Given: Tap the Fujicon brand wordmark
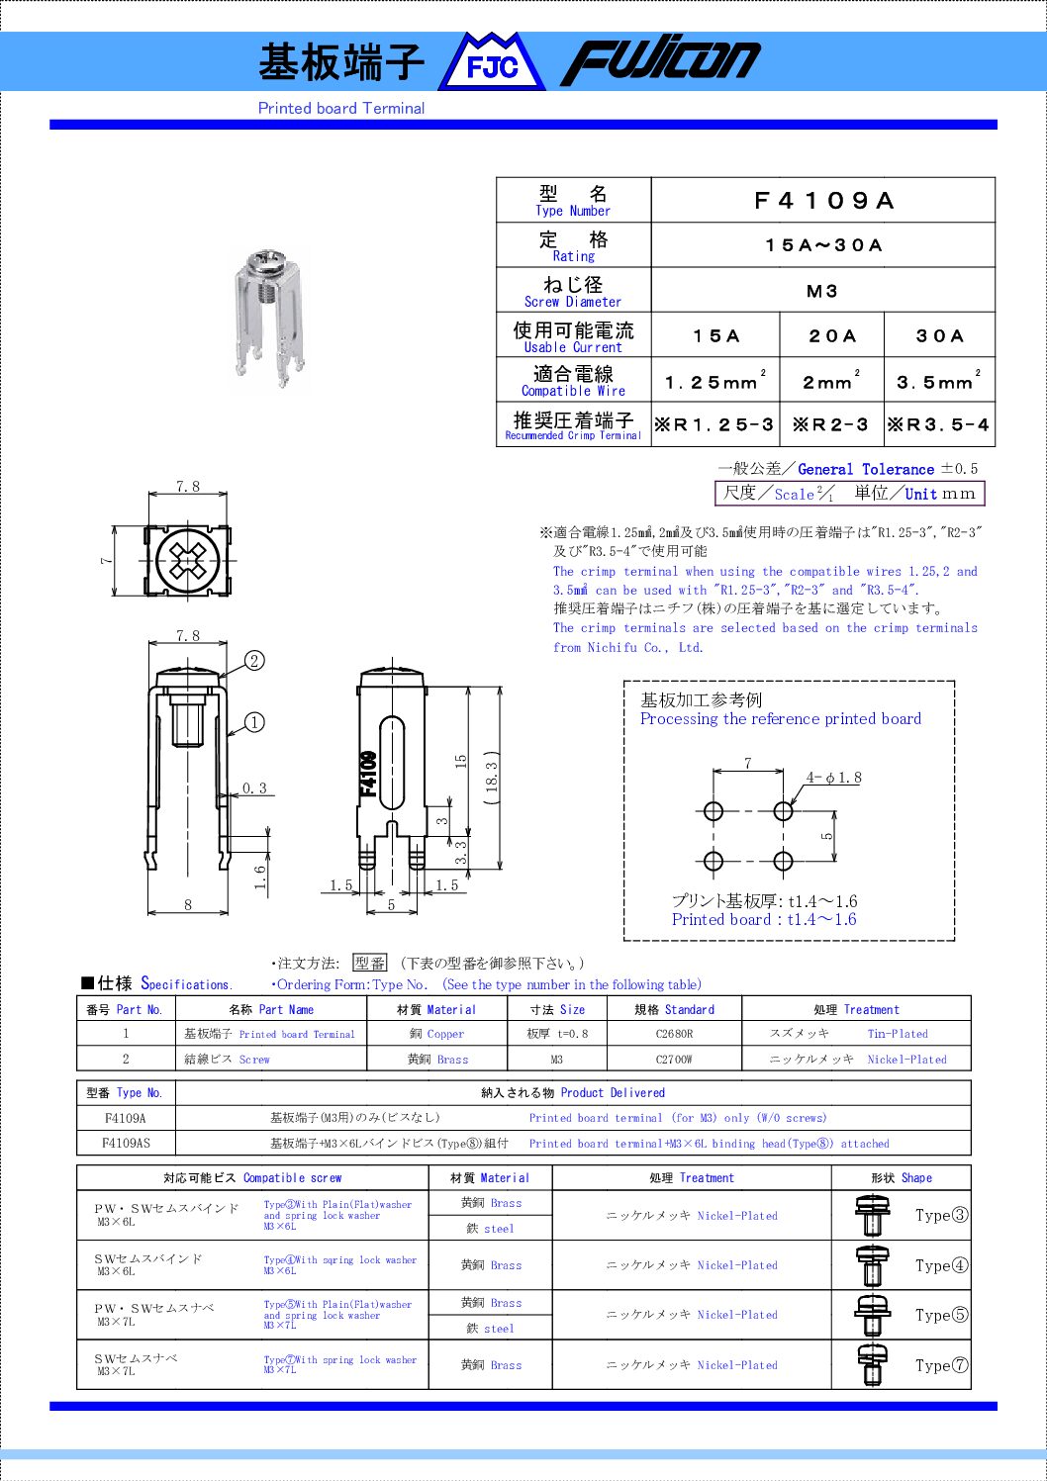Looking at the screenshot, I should (x=660, y=61).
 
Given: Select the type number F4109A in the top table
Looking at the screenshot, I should (x=822, y=201).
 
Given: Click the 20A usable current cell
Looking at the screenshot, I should (x=831, y=336).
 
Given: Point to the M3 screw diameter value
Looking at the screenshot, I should (x=822, y=291).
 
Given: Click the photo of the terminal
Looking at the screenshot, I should (x=268, y=320).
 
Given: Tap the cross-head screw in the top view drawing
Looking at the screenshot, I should (x=187, y=561).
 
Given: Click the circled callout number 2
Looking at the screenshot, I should (x=254, y=661).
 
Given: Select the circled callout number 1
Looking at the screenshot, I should (x=254, y=722).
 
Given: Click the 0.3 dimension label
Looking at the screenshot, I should (x=254, y=788).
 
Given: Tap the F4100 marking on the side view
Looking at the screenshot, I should (x=368, y=774).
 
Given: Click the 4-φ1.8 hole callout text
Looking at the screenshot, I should (x=833, y=778).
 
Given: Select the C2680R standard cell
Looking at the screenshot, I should (x=674, y=1034).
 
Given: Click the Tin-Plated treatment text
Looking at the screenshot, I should (x=898, y=1034).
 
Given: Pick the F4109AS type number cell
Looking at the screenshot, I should (x=126, y=1143).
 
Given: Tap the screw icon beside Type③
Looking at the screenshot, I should (x=872, y=1216).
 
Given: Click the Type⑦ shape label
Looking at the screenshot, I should (x=941, y=1365).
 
